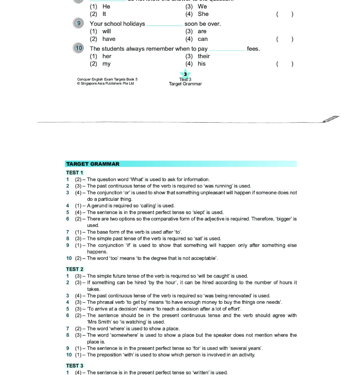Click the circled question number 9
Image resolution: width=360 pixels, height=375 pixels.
click(78, 23)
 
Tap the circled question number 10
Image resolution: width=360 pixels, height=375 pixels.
click(78, 48)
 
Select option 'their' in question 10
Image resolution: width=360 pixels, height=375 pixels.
click(204, 56)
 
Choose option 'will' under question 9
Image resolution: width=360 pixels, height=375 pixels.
click(106, 31)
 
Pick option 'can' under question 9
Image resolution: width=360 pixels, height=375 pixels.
click(202, 39)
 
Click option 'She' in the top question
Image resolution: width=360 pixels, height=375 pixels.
click(203, 14)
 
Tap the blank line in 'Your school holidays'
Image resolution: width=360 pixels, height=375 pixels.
click(165, 25)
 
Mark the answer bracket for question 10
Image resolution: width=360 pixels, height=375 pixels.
click(285, 64)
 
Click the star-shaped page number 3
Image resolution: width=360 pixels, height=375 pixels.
click(185, 74)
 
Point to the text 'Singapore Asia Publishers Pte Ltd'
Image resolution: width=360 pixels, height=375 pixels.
click(106, 84)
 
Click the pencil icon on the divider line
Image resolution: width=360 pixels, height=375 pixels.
click(331, 119)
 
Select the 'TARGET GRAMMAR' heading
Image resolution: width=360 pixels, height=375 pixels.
click(93, 164)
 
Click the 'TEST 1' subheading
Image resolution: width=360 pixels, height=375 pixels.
click(75, 172)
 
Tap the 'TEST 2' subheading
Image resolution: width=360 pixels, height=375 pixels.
click(75, 269)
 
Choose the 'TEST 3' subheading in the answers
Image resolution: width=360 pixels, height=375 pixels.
click(75, 366)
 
